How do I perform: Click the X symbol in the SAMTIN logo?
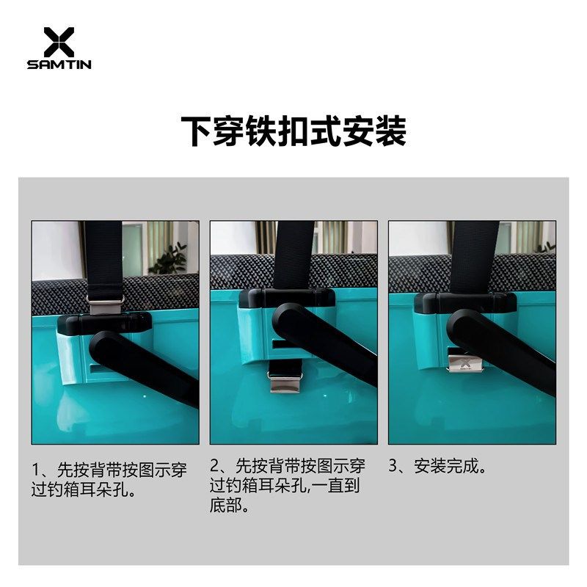59,42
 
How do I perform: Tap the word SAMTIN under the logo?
59,65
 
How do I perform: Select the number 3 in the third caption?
393,465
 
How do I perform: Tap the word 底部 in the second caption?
227,506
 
